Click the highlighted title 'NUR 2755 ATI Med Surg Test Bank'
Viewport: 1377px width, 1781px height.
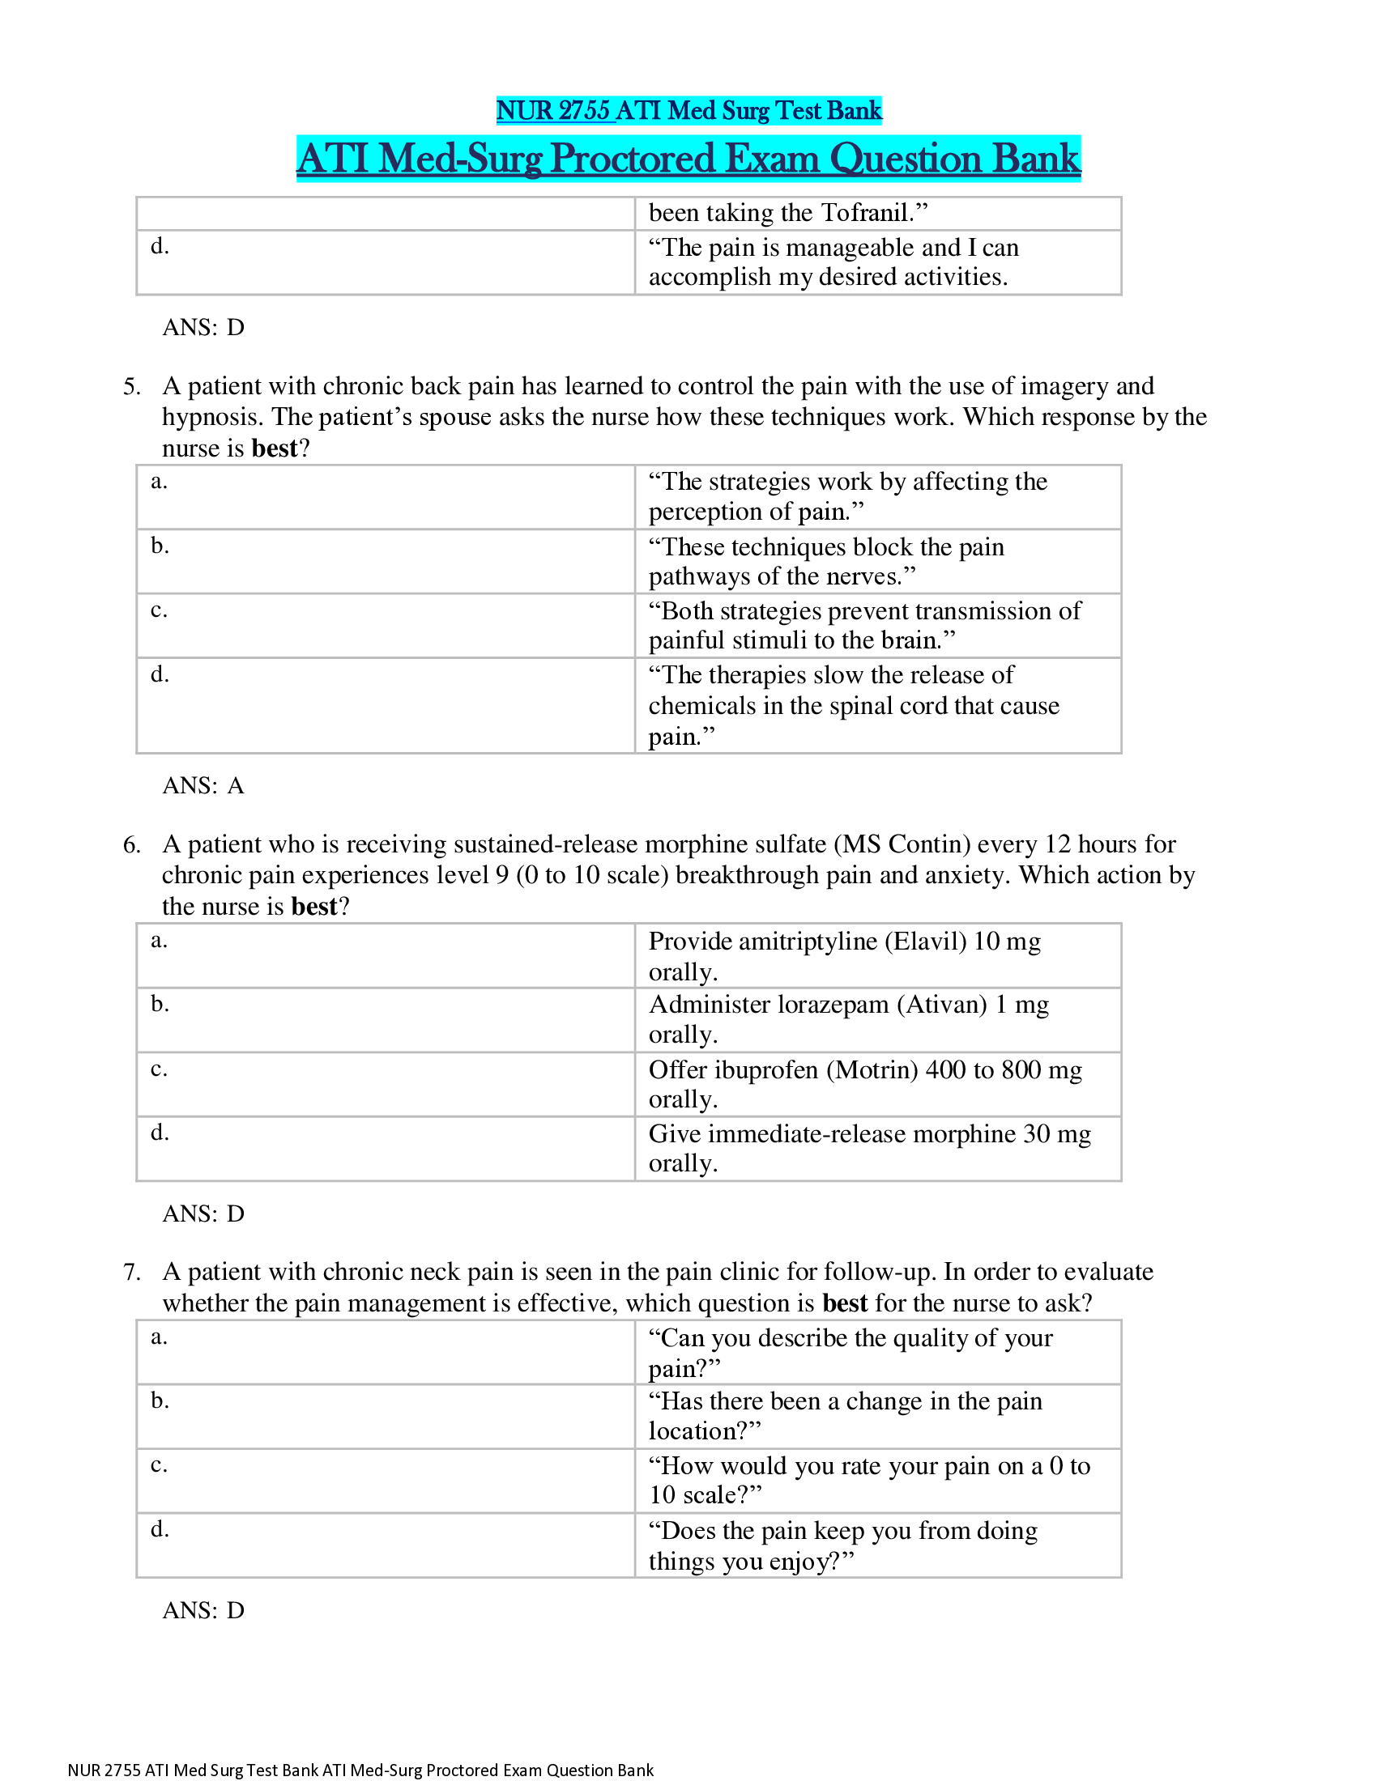click(688, 110)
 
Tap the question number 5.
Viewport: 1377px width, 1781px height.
click(131, 386)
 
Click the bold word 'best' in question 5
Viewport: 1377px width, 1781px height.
click(274, 448)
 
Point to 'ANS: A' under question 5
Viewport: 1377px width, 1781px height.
click(203, 785)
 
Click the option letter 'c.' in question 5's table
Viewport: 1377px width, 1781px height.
click(159, 610)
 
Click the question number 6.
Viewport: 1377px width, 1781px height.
click(131, 845)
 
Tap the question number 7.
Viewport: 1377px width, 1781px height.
click(131, 1272)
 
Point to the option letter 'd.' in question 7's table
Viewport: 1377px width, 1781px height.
click(160, 1529)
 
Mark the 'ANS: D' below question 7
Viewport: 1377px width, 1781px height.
click(203, 1609)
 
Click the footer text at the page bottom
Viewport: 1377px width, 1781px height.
click(360, 1770)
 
